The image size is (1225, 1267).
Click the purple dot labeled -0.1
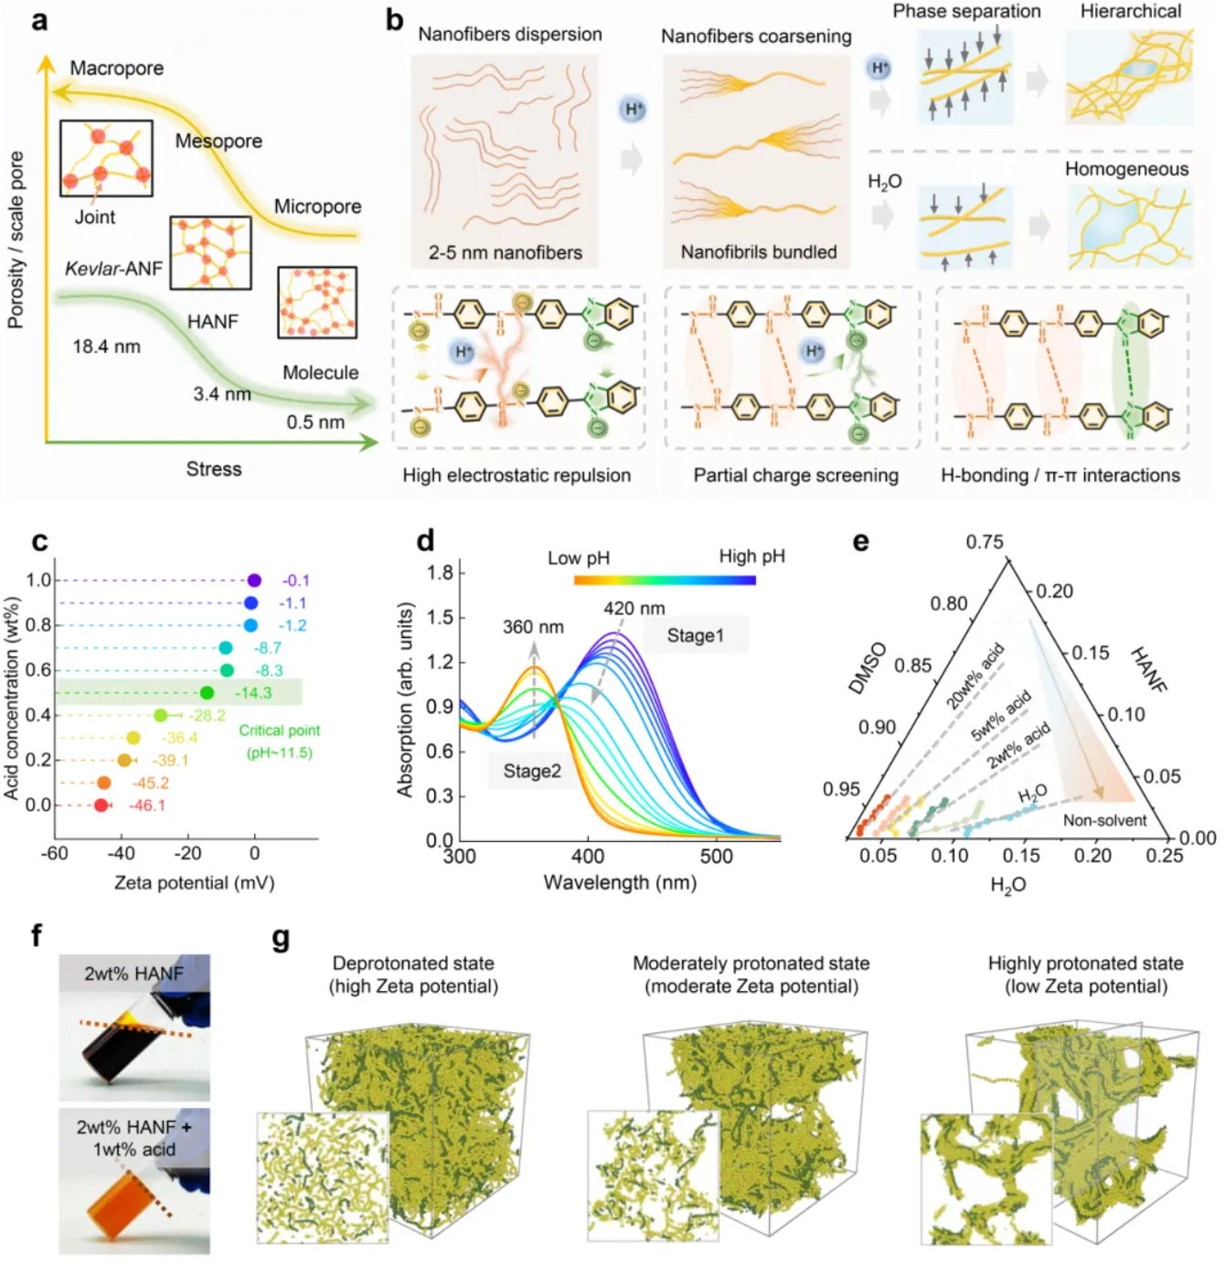(x=254, y=580)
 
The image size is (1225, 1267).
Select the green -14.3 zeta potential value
(x=253, y=693)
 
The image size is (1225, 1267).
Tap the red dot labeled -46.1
(x=101, y=805)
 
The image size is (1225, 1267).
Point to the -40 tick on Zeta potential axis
(x=121, y=854)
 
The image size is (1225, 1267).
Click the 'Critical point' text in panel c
(x=279, y=730)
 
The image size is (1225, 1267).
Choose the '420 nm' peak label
(x=634, y=609)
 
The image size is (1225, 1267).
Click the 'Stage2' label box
(x=531, y=771)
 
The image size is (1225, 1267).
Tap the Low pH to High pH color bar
(x=665, y=580)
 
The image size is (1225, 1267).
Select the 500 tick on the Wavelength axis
(x=716, y=857)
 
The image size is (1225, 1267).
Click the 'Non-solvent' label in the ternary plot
(x=1104, y=820)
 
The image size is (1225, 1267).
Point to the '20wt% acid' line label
(x=975, y=676)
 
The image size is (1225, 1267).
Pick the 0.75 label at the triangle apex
(x=985, y=542)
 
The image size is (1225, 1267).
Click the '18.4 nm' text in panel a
(x=107, y=346)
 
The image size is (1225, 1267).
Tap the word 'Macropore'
(x=117, y=69)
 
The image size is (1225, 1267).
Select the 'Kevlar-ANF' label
(x=113, y=269)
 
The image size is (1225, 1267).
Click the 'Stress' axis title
(x=214, y=469)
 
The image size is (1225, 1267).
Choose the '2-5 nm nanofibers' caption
(x=506, y=252)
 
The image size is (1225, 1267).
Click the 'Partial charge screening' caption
(x=795, y=475)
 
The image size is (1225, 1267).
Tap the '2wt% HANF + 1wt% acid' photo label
(x=134, y=1138)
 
